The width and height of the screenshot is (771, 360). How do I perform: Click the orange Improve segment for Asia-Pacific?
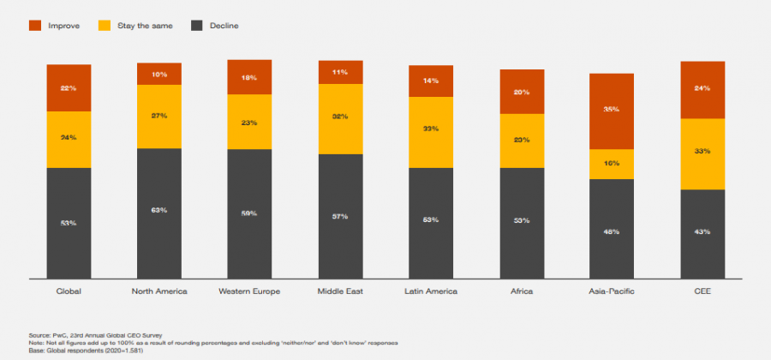click(611, 111)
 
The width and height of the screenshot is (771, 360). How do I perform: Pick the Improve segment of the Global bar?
click(69, 87)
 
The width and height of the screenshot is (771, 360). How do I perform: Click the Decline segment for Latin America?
click(431, 222)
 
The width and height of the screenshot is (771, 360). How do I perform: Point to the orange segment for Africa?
click(521, 92)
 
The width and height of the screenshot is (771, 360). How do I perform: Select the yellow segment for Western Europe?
click(249, 122)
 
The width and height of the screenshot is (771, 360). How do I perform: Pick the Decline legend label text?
click(224, 26)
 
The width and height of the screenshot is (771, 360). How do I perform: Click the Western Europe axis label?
click(249, 291)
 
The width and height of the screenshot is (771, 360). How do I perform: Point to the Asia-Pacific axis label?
click(611, 291)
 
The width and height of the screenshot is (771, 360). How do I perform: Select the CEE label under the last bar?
click(702, 291)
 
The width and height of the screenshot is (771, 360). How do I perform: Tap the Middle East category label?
click(340, 291)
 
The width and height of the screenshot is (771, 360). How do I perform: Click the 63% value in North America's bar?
click(158, 210)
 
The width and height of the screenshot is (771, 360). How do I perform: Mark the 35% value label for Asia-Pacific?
click(611, 110)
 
